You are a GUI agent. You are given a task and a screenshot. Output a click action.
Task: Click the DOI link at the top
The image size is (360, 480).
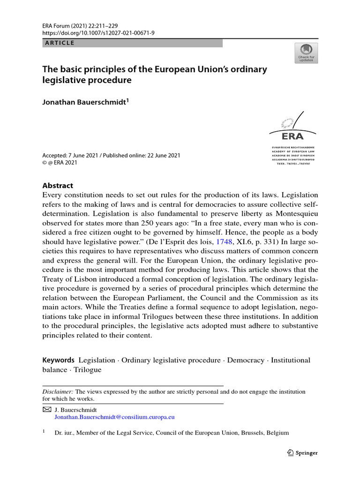click(x=92, y=33)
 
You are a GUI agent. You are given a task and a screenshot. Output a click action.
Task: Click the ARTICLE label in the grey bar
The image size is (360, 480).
click(x=59, y=43)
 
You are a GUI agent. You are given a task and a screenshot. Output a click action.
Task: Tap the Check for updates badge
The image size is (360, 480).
click(x=306, y=53)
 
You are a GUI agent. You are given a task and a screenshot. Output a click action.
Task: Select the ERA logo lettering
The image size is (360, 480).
click(x=292, y=136)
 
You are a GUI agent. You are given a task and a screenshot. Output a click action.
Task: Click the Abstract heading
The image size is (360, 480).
click(x=58, y=185)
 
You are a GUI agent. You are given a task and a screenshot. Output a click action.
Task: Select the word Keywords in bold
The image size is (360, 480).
click(x=59, y=360)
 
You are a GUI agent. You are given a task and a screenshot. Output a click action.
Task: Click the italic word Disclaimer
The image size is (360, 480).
click(x=58, y=391)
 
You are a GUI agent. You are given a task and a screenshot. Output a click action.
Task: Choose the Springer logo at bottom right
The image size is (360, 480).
click(x=302, y=453)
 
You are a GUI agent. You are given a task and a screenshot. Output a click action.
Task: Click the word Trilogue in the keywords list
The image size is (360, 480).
click(x=88, y=369)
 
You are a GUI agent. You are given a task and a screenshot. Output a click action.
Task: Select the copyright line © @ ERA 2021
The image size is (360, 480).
click(x=60, y=163)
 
